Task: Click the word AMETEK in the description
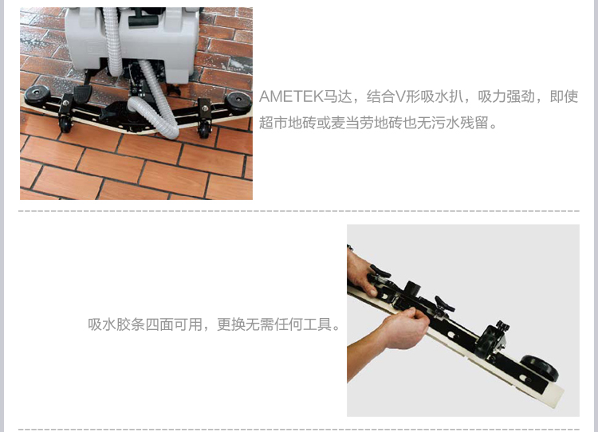(291, 96)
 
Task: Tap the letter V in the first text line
(400, 96)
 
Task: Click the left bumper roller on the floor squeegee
(37, 93)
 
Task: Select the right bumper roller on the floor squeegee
(238, 102)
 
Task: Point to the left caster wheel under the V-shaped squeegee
(65, 124)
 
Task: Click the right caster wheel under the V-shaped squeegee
(205, 131)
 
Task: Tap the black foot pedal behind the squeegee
(83, 93)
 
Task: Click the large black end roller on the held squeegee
(539, 368)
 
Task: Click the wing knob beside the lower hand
(444, 304)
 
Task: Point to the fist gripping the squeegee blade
(407, 328)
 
